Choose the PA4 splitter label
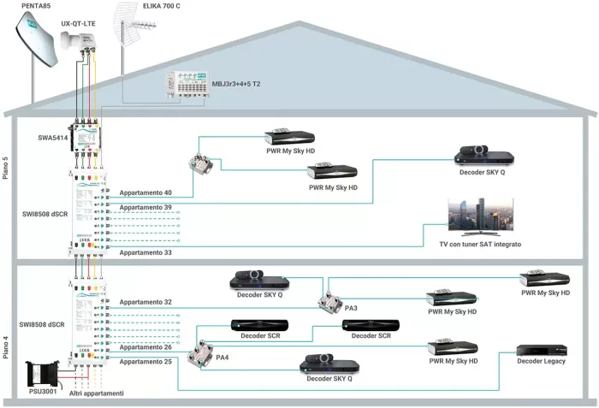[x=222, y=357]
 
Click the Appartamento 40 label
[x=145, y=192]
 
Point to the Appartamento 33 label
[x=145, y=253]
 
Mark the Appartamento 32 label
[x=145, y=302]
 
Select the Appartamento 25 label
[x=145, y=362]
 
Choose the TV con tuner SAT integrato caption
[x=480, y=245]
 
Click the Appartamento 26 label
[x=145, y=347]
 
